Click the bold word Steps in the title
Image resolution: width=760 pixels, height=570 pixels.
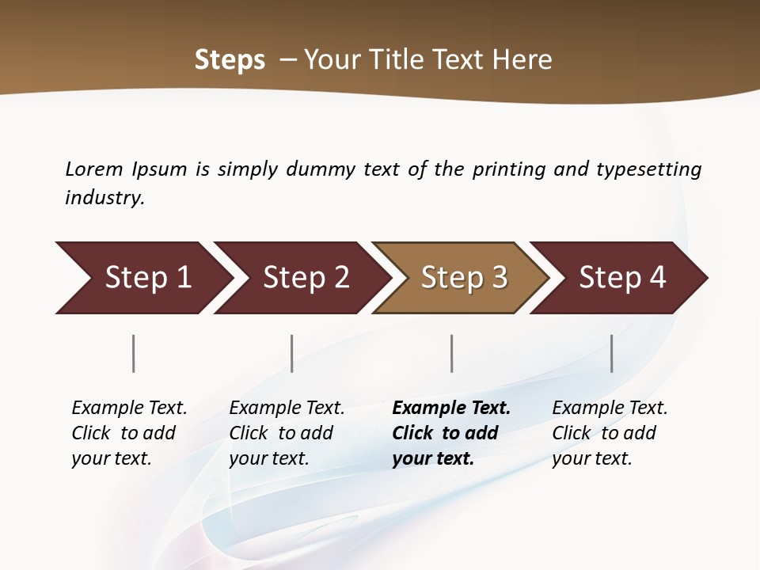pyautogui.click(x=230, y=60)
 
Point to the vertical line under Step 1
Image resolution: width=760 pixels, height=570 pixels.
pyautogui.click(x=134, y=353)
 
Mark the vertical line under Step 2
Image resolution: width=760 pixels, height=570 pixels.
pyautogui.click(x=292, y=353)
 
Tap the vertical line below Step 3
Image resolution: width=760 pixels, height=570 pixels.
pyautogui.click(x=451, y=353)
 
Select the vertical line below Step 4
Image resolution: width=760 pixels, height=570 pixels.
pyautogui.click(x=611, y=353)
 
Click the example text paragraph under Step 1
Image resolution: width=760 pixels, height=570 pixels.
pyautogui.click(x=129, y=433)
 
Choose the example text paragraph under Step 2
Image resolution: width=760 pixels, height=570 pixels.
pyautogui.click(x=287, y=433)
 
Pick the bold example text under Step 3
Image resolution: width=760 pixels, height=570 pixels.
pyautogui.click(x=451, y=433)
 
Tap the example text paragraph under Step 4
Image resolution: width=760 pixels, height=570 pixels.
pyautogui.click(x=610, y=433)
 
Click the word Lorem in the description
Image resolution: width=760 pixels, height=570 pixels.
pyautogui.click(x=94, y=169)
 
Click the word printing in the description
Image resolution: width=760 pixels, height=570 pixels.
pyautogui.click(x=510, y=169)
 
